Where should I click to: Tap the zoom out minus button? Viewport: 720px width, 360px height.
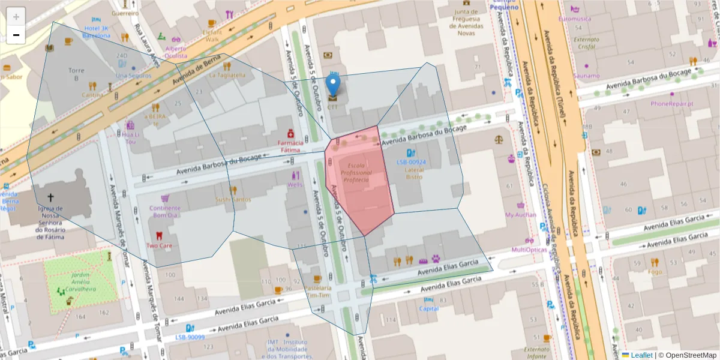16,35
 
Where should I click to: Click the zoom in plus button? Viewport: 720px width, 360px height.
16,17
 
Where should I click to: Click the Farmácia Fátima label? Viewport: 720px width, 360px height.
289,146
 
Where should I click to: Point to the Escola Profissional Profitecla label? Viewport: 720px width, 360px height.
356,172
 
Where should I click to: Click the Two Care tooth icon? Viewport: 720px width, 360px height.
159,236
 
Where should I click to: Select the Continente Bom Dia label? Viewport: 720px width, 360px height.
164,211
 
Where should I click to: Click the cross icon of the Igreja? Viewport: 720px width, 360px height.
50,197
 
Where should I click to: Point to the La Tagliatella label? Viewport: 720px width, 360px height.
227,76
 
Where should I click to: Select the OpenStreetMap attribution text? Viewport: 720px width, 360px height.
688,355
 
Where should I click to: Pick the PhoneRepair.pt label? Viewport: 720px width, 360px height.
672,103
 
